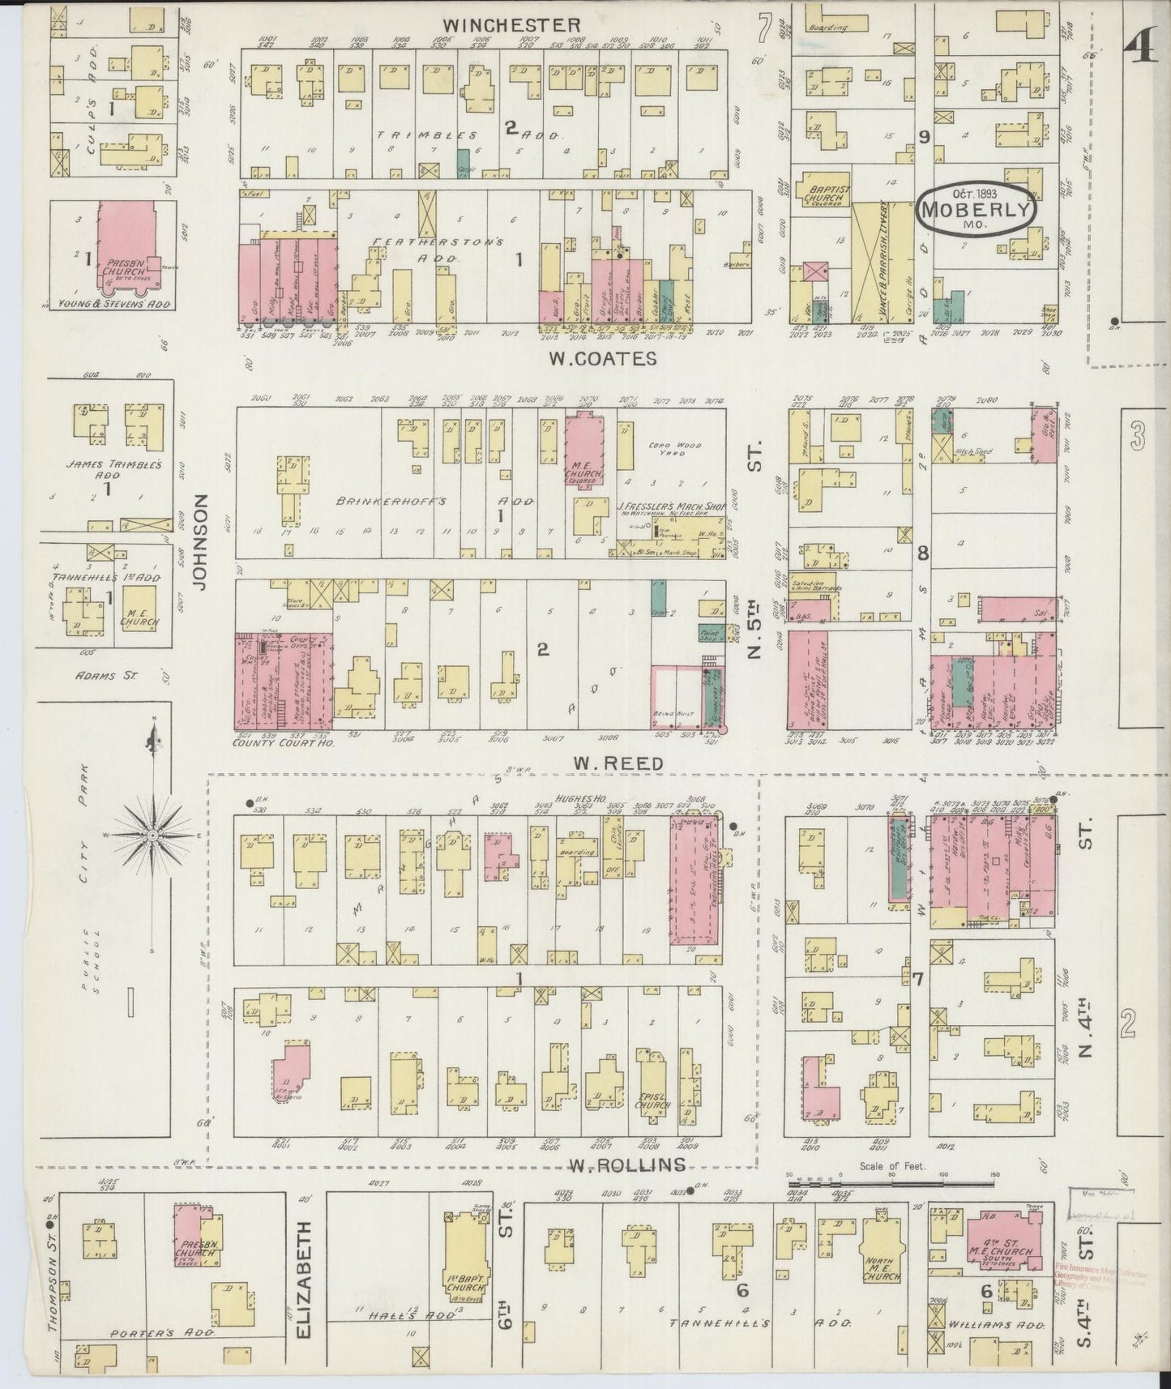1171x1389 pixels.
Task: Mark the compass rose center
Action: pos(152,835)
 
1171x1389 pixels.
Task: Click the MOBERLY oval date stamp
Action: pos(976,210)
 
